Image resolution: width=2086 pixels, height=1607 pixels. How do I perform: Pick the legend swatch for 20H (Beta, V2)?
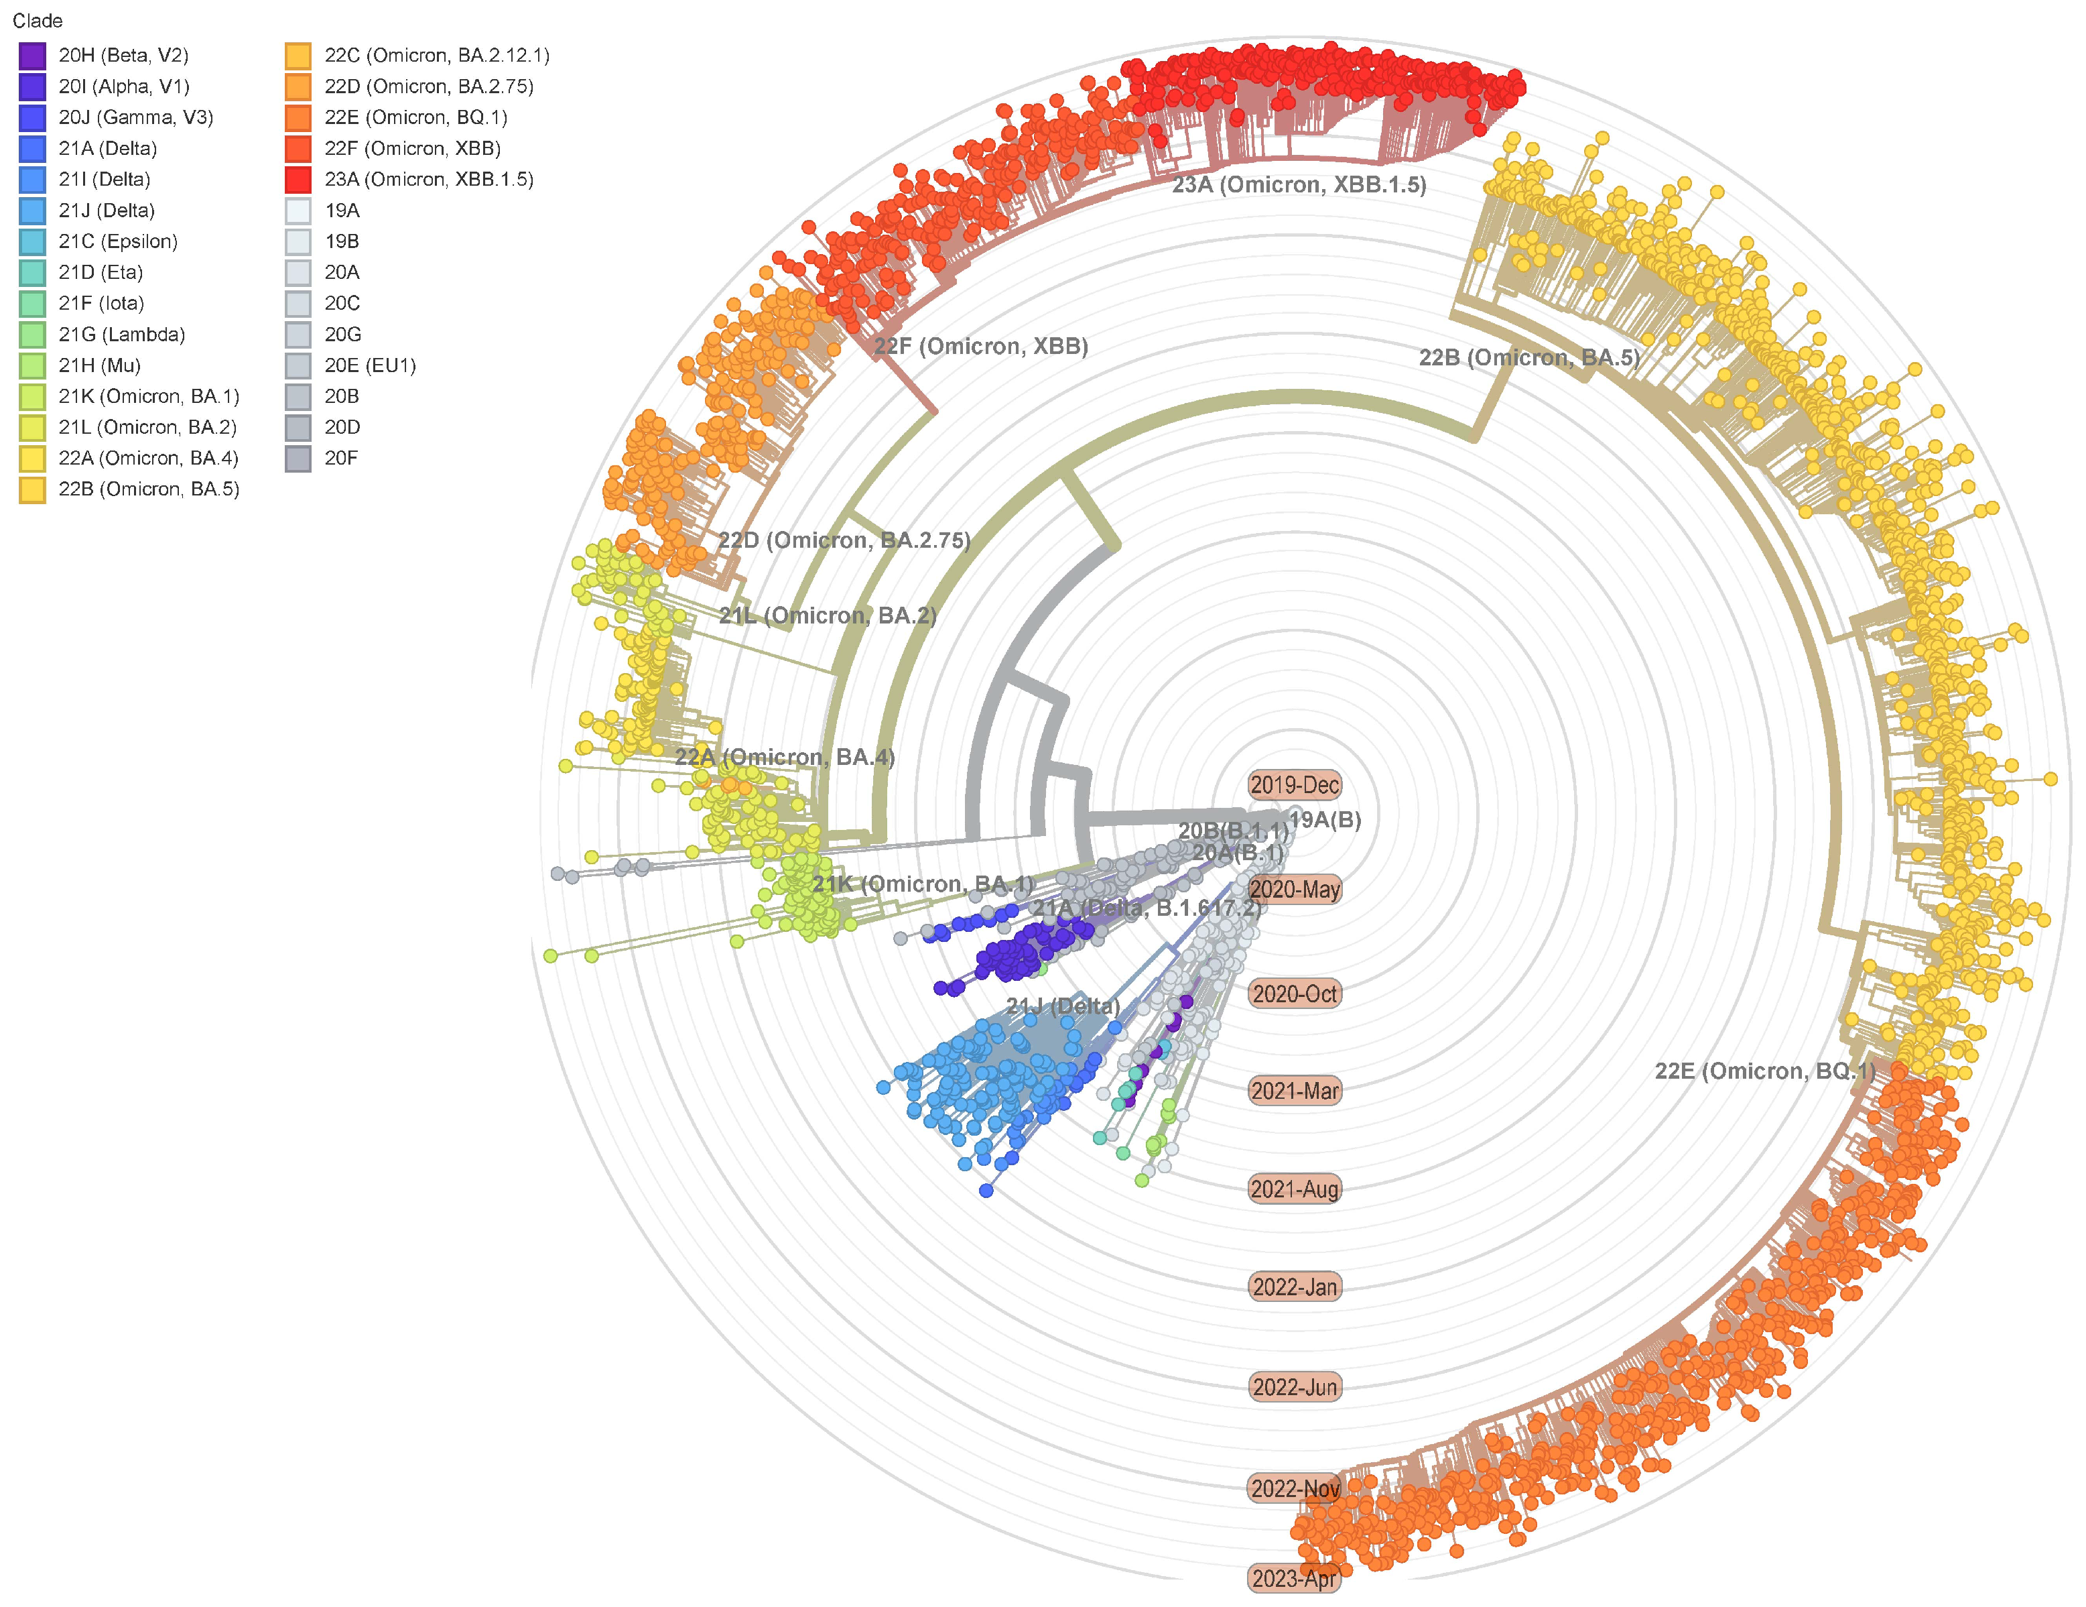point(31,56)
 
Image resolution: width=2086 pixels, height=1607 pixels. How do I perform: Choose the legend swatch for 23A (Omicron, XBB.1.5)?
point(298,180)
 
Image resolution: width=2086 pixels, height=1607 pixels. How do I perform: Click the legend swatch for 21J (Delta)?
point(31,211)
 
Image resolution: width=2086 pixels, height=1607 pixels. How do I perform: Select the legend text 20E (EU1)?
point(370,365)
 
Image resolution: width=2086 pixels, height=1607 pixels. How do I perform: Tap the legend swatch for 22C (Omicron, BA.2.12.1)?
point(298,56)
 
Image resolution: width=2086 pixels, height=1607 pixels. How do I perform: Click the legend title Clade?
point(38,21)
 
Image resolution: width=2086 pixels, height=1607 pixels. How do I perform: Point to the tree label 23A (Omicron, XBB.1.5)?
point(1299,185)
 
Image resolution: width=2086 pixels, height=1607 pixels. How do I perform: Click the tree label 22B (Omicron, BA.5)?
point(1528,357)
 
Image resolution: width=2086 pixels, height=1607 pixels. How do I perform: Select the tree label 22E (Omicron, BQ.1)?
point(1765,1071)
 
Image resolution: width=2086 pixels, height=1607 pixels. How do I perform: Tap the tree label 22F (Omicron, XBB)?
point(981,346)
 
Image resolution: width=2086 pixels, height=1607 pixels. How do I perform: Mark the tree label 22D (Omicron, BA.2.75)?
point(844,540)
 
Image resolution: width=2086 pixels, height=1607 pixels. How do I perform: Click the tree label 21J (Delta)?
point(1063,1006)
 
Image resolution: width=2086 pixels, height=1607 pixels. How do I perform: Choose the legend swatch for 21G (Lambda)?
point(31,335)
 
